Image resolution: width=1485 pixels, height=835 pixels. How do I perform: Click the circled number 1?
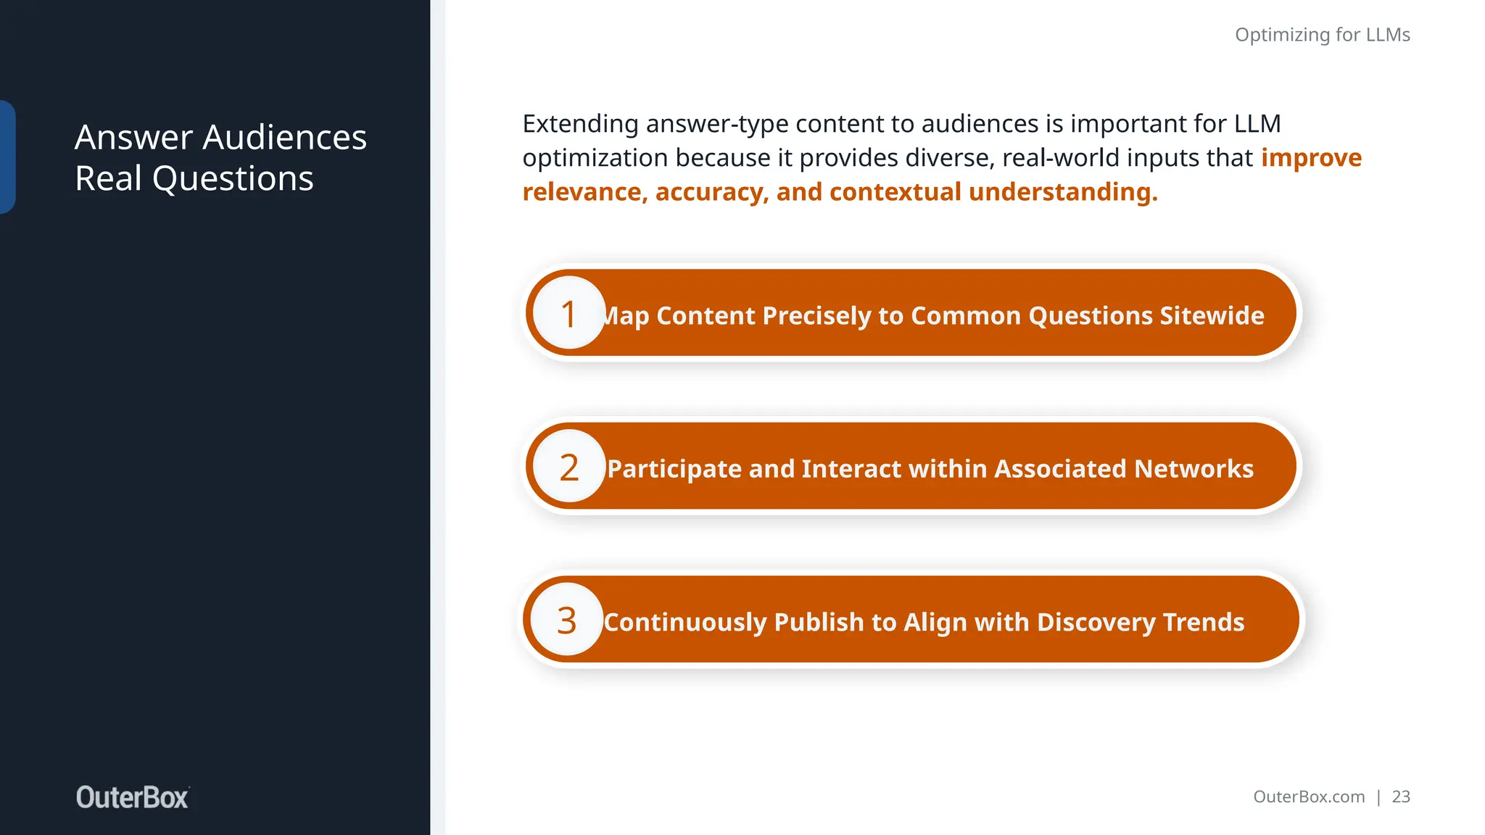[x=569, y=314]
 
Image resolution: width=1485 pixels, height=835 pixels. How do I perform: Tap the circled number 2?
[x=569, y=468]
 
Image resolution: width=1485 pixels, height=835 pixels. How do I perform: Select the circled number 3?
[x=566, y=620]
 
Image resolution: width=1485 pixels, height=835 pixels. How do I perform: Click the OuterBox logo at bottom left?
[x=133, y=797]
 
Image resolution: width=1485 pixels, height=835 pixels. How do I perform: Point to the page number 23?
[x=1401, y=797]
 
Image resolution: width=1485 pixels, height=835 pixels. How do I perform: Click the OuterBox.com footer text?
[x=1309, y=797]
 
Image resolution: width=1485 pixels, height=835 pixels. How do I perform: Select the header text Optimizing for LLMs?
[x=1322, y=35]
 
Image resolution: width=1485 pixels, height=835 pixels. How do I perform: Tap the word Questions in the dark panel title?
[x=233, y=178]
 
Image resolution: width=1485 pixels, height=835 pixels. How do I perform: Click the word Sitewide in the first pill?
[x=1211, y=315]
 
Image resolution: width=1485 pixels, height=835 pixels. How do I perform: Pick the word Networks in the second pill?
[x=1194, y=469]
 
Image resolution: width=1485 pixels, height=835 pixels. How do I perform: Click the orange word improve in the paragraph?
[x=1311, y=157]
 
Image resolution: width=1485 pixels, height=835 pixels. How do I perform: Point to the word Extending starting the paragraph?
[x=580, y=124]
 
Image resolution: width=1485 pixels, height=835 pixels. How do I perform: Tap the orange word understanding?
[x=1063, y=192]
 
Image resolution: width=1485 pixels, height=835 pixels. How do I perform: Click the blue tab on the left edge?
[x=7, y=157]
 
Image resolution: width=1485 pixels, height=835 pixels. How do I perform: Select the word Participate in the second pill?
[x=674, y=469]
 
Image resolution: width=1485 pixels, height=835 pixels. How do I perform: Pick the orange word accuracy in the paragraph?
[x=711, y=192]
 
